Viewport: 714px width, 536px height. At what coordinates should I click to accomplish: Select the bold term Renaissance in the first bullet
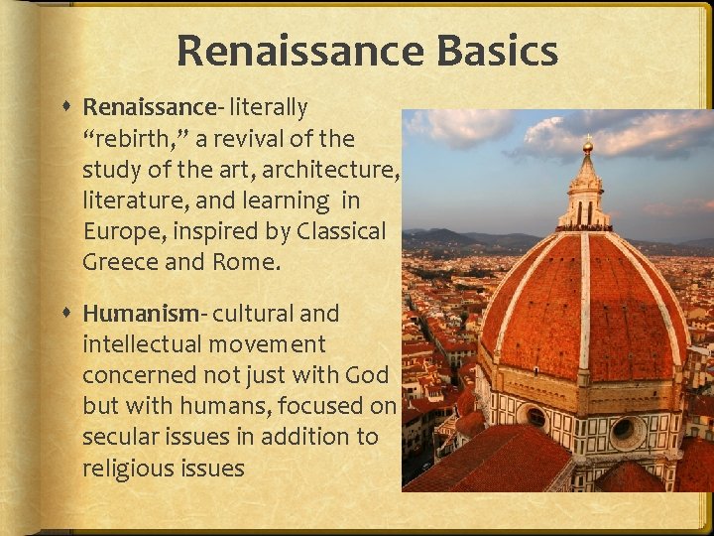pyautogui.click(x=149, y=106)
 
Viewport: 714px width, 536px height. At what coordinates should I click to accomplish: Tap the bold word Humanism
pyautogui.click(x=141, y=314)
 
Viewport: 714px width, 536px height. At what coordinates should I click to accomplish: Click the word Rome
pyautogui.click(x=250, y=262)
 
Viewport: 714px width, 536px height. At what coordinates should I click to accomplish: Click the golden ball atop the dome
pyautogui.click(x=587, y=146)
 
